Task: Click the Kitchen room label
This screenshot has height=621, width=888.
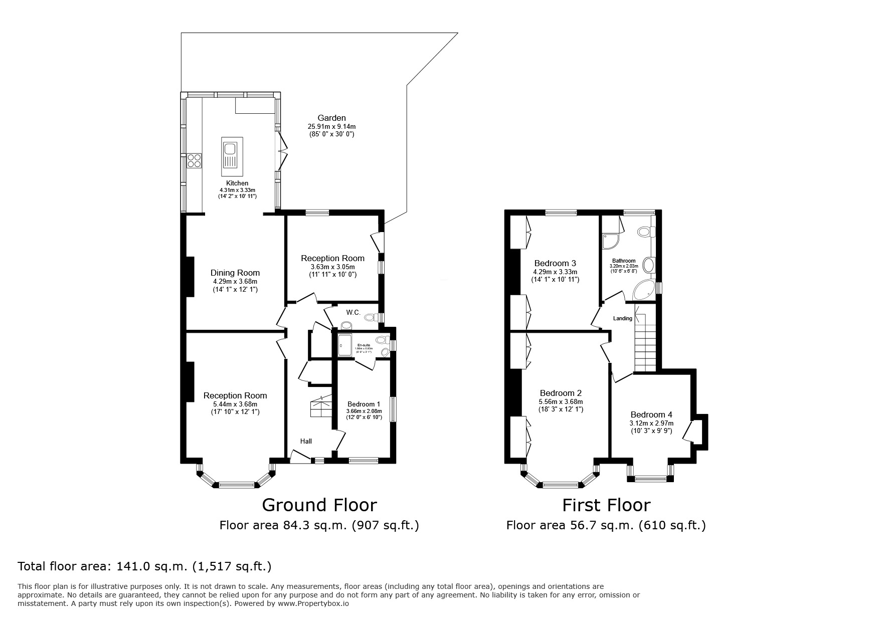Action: pyautogui.click(x=237, y=183)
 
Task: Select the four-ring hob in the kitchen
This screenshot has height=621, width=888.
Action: pyautogui.click(x=194, y=160)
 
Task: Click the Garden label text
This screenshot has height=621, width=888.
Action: pyautogui.click(x=331, y=118)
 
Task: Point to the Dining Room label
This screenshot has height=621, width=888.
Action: pyautogui.click(x=235, y=273)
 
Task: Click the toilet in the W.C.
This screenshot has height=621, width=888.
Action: pyautogui.click(x=371, y=317)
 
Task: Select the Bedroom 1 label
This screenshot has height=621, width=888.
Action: pyautogui.click(x=364, y=404)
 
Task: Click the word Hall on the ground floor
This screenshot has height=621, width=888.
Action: pyautogui.click(x=306, y=441)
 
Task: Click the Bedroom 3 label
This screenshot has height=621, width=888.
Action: pyautogui.click(x=555, y=263)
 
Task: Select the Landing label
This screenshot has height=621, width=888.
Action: pyautogui.click(x=622, y=318)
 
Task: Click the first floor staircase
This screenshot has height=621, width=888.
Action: pyautogui.click(x=645, y=346)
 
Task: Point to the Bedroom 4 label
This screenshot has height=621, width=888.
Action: pyautogui.click(x=651, y=415)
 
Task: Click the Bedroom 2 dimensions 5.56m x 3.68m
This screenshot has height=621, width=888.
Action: pyautogui.click(x=561, y=401)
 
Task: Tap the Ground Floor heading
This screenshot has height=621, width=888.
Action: pyautogui.click(x=319, y=505)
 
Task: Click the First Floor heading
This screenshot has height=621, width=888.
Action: pyautogui.click(x=606, y=505)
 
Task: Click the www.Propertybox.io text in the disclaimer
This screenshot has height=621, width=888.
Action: pyautogui.click(x=313, y=603)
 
